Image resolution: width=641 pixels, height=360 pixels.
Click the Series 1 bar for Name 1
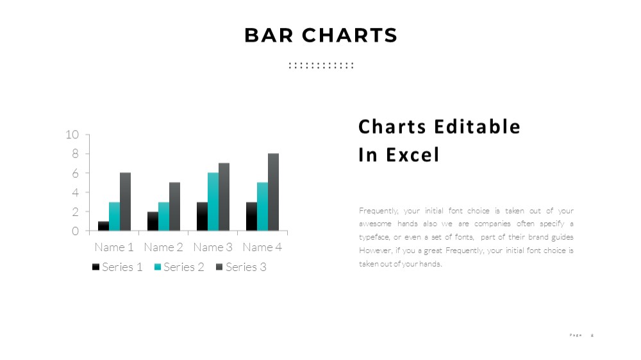pos(103,226)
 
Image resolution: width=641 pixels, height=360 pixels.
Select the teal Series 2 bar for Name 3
pos(213,202)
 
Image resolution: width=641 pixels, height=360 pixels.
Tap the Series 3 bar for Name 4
pos(274,192)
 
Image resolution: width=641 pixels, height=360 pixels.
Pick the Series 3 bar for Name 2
pos(174,207)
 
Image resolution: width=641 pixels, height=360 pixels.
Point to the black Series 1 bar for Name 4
pos(251,217)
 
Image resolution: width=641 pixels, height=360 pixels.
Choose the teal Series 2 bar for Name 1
pos(115,217)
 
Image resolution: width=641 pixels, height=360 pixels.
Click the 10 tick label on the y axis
pos(72,135)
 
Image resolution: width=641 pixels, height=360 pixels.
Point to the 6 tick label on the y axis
pos(75,173)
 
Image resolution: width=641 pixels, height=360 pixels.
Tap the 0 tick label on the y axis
pos(75,231)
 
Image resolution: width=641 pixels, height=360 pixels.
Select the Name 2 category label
pos(163,247)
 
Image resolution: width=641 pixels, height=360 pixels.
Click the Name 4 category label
pos(262,247)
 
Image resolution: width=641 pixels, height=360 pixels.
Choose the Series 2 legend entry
pos(179,267)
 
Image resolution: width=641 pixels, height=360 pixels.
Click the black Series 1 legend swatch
pos(96,267)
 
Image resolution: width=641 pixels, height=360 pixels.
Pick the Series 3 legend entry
pos(241,267)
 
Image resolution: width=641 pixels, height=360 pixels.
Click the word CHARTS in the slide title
pos(349,35)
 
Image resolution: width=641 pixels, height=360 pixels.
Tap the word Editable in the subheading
pos(477,127)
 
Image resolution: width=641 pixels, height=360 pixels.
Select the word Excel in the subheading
pos(412,155)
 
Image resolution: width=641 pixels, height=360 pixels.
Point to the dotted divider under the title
pos(321,65)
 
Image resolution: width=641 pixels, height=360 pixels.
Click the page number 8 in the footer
pos(592,336)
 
